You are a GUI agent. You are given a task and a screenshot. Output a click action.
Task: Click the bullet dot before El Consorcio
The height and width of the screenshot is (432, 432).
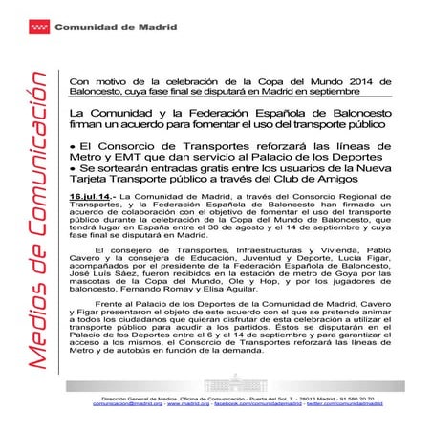[x=75, y=145]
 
